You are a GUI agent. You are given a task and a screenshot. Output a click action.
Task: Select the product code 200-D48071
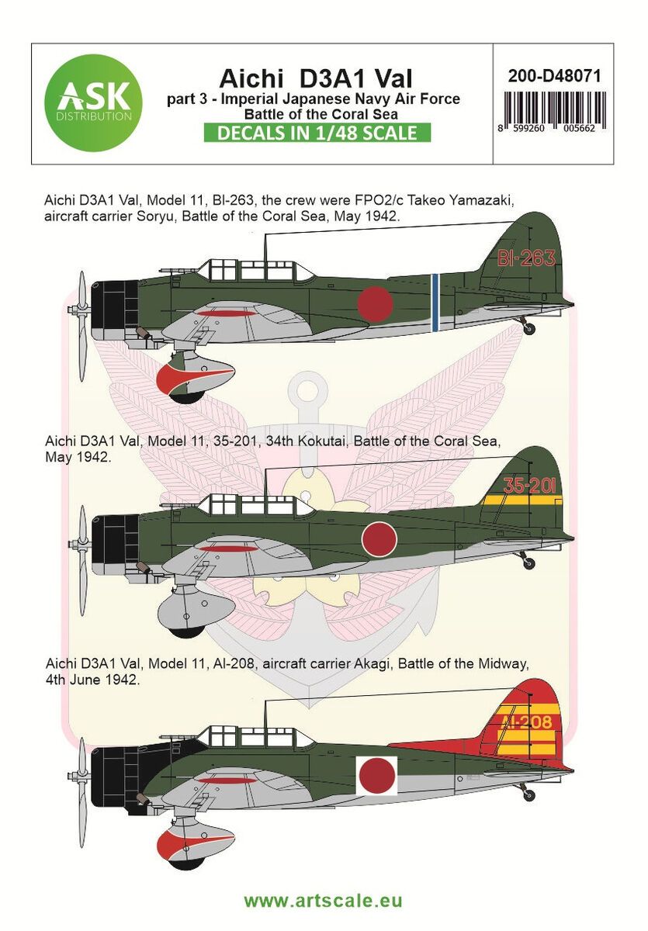[553, 77]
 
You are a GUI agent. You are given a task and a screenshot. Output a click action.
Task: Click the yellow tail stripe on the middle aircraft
[527, 500]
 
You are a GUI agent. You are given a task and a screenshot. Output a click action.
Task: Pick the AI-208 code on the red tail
[527, 723]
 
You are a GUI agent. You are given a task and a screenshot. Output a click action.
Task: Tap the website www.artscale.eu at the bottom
[323, 902]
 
